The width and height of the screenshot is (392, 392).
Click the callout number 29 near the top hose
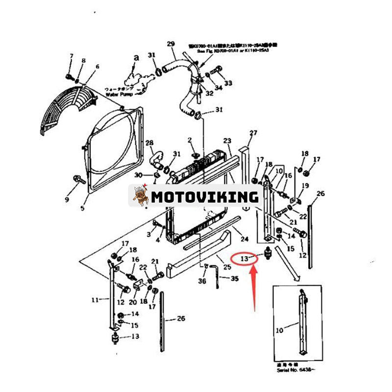pos(171,44)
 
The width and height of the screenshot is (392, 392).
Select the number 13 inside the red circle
pos(244,257)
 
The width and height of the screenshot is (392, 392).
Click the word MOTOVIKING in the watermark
pos(204,197)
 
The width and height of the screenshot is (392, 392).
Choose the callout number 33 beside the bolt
pos(228,83)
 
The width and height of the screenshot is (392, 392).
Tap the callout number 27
pos(253,133)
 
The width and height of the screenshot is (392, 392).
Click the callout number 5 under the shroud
pos(82,208)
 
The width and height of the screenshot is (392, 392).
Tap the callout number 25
pos(227,267)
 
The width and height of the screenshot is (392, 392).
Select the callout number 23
pos(227,141)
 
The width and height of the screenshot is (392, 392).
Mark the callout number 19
pos(305,186)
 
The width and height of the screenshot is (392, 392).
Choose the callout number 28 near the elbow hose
pos(149,143)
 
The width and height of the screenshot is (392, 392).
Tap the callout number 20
pos(132,302)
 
